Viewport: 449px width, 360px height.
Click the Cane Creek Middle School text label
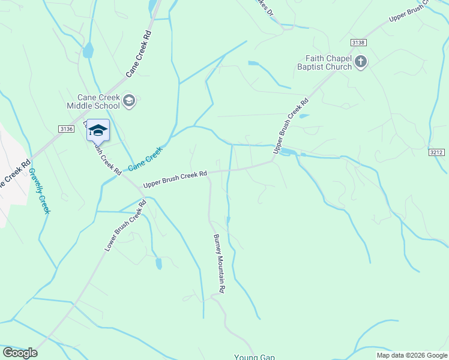[99, 101]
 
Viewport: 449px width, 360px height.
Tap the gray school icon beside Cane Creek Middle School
[129, 101]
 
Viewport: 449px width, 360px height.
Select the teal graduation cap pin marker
[98, 130]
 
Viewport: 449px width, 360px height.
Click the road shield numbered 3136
[67, 129]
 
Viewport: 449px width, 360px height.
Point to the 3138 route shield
[358, 42]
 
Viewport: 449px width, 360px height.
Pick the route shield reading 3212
[437, 152]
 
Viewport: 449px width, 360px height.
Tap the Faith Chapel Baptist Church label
[328, 62]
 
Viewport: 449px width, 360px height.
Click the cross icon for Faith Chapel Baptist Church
[360, 62]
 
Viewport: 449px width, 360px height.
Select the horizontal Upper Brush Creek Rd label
[175, 179]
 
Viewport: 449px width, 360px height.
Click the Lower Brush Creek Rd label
[125, 226]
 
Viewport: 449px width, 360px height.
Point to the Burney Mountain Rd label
[218, 263]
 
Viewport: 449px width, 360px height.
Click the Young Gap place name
[254, 356]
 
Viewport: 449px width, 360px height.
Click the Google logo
[20, 353]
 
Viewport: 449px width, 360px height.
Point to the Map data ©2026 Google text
[411, 355]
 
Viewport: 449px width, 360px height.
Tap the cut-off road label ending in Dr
[264, 8]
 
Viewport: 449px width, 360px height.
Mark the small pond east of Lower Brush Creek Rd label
[158, 263]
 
